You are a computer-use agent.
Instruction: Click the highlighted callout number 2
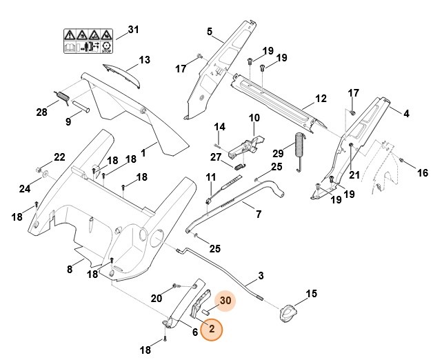click(212, 330)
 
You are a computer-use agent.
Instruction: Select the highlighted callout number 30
click(225, 301)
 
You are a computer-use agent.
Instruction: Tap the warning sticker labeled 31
click(88, 40)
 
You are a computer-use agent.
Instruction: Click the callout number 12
click(321, 99)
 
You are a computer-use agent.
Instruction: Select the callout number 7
click(259, 214)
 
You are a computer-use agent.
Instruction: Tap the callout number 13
click(143, 60)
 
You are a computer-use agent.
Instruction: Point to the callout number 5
click(210, 31)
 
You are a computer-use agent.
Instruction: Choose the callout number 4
click(406, 113)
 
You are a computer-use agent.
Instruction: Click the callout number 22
click(59, 157)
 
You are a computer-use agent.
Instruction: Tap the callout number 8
click(70, 270)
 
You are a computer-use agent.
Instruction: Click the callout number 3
click(261, 277)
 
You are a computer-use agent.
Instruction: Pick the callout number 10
click(254, 118)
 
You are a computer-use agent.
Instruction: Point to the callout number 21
click(354, 175)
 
